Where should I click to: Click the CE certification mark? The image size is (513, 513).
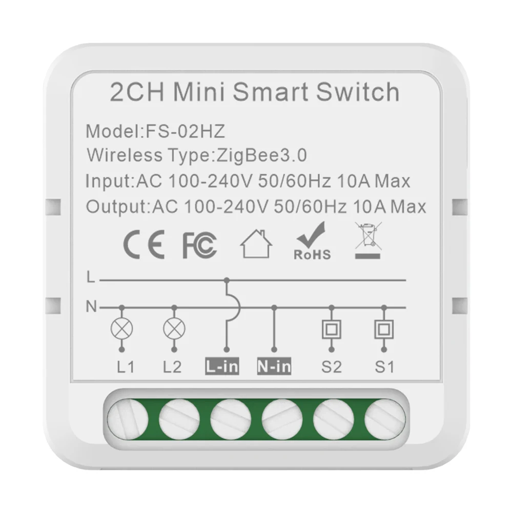[144, 244]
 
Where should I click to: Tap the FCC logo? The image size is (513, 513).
[199, 245]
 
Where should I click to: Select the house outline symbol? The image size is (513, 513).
[256, 244]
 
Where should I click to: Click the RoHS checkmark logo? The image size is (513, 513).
[312, 241]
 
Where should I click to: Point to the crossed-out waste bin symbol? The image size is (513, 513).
[368, 240]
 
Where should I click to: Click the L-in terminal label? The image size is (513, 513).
[222, 366]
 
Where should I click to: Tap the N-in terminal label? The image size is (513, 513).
[274, 366]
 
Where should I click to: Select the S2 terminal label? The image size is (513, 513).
[332, 367]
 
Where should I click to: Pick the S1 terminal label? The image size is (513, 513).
[384, 367]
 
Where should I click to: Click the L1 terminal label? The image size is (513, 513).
[126, 367]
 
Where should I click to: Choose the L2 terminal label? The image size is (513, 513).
[172, 367]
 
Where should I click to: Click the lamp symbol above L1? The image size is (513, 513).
[121, 329]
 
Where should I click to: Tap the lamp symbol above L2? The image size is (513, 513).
[174, 329]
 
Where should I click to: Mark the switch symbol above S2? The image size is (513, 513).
[332, 329]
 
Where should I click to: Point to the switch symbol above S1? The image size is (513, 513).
[384, 329]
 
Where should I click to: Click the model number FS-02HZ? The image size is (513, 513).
[185, 131]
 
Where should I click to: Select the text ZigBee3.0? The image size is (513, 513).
[262, 155]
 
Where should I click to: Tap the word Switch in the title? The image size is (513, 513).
[358, 92]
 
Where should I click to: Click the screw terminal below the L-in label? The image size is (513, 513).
[231, 419]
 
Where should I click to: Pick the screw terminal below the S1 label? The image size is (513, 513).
[385, 419]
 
